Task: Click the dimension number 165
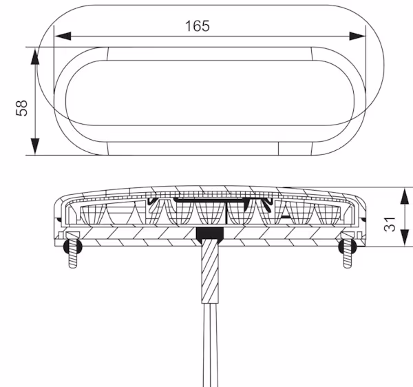[x=198, y=25]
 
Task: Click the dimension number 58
[x=21, y=108]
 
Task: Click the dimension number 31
[x=390, y=224]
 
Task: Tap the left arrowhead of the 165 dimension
[x=63, y=36]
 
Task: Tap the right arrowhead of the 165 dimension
[x=357, y=36]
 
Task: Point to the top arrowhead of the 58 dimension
[x=35, y=56]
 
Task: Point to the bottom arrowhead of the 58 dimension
[x=35, y=147]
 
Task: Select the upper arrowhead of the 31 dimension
[x=405, y=196]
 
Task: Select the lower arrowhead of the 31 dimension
[x=405, y=238]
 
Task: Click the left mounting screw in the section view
[x=73, y=250]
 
